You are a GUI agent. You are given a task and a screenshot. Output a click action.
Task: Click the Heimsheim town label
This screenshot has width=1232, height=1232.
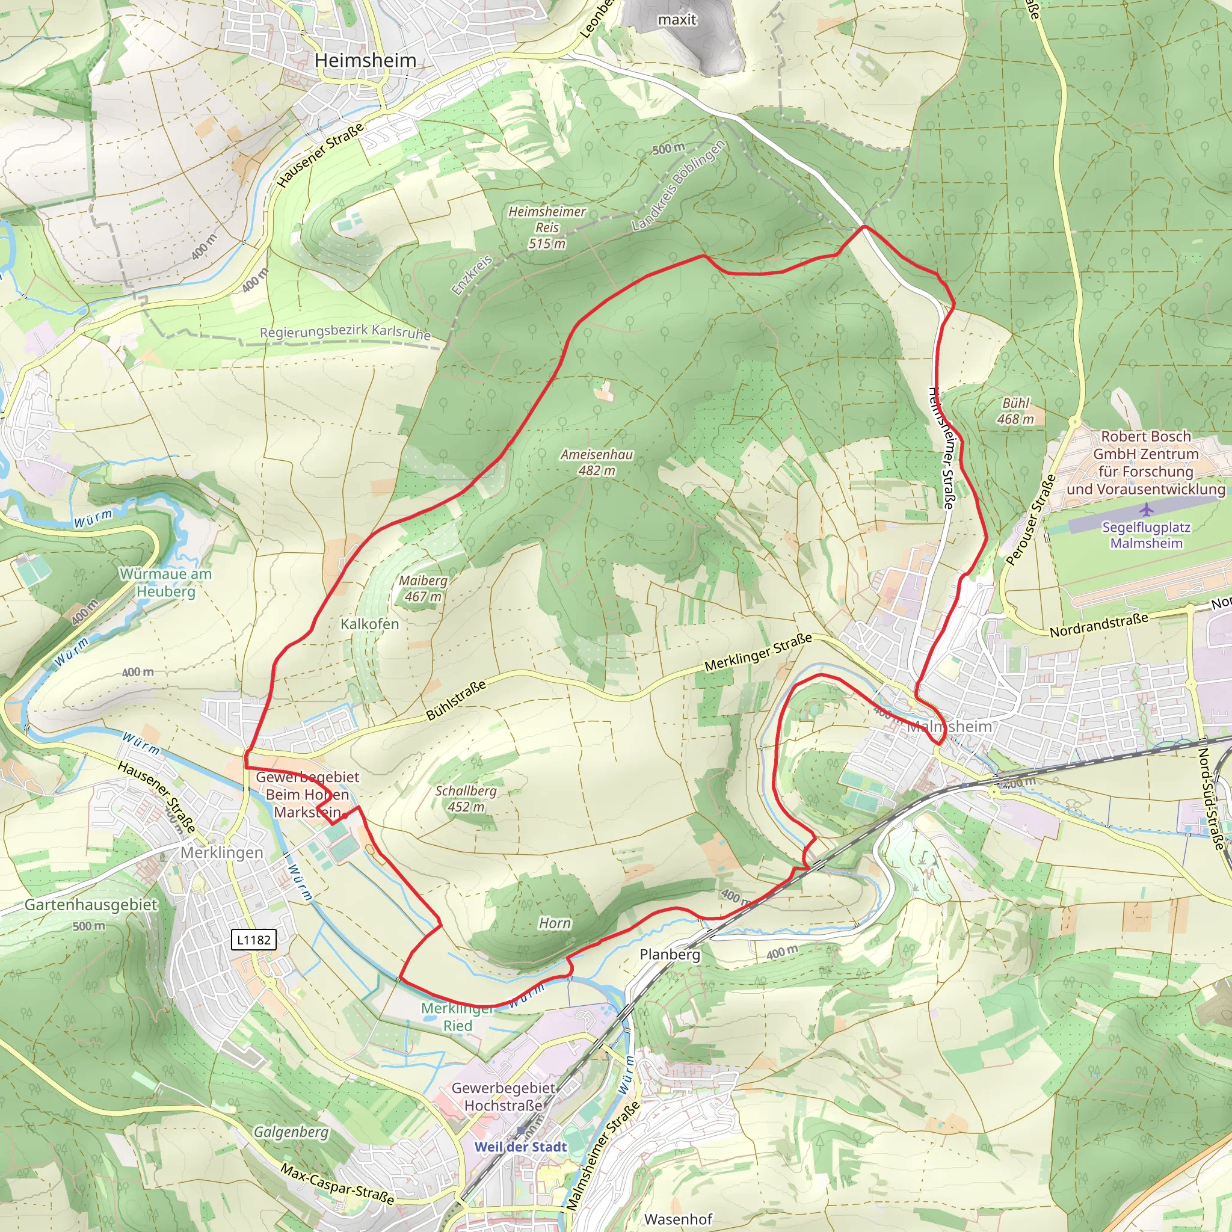(365, 61)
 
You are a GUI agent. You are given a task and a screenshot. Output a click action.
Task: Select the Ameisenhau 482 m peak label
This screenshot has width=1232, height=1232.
(596, 463)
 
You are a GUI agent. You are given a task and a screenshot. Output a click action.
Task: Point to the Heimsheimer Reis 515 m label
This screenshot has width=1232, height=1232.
(546, 227)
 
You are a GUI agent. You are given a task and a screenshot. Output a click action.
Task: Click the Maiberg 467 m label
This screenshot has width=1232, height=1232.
(423, 588)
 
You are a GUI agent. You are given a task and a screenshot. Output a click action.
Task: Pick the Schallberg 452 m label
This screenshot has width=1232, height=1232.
(466, 798)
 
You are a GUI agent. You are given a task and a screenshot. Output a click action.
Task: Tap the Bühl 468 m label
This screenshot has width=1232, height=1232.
(1015, 411)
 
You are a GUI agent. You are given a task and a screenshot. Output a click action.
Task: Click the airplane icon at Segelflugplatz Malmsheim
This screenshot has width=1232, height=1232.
(1146, 510)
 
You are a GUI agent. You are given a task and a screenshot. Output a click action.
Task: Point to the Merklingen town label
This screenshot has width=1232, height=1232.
(221, 852)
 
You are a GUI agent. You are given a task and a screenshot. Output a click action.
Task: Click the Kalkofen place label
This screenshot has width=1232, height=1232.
(369, 624)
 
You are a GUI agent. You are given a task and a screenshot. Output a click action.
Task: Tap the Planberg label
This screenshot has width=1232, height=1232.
(670, 954)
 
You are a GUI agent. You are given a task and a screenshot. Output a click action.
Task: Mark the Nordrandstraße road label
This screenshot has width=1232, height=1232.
(1098, 625)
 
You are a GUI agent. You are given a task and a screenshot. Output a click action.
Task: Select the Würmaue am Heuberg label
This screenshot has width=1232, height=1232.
(166, 582)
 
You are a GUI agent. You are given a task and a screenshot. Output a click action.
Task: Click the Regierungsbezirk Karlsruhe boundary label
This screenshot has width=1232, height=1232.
(345, 332)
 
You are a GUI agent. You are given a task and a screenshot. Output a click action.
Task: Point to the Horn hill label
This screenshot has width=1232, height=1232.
(554, 923)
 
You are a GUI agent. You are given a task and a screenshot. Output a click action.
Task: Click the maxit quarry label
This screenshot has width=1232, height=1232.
(677, 20)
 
